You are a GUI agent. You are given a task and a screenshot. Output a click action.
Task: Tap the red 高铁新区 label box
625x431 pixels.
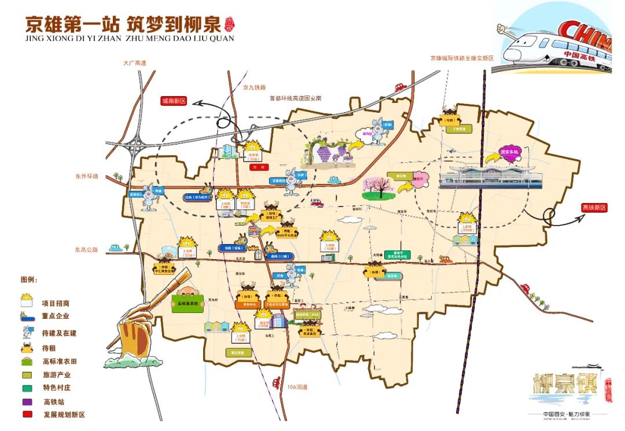[x=594, y=208]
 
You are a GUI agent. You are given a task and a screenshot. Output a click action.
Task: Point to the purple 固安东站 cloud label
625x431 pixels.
[x=509, y=153]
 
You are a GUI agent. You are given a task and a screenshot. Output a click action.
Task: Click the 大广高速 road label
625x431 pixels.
[x=135, y=62]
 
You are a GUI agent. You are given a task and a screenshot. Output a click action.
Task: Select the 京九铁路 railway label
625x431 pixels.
[x=254, y=87]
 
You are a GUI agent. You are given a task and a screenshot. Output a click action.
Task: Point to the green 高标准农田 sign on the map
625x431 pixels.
[x=187, y=303]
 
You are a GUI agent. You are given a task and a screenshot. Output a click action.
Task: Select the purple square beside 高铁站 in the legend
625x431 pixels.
[x=27, y=401]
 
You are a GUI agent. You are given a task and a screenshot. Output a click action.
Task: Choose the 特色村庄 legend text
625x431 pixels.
[x=56, y=388]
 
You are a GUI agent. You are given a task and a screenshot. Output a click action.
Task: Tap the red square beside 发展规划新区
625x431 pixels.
[x=27, y=415]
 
